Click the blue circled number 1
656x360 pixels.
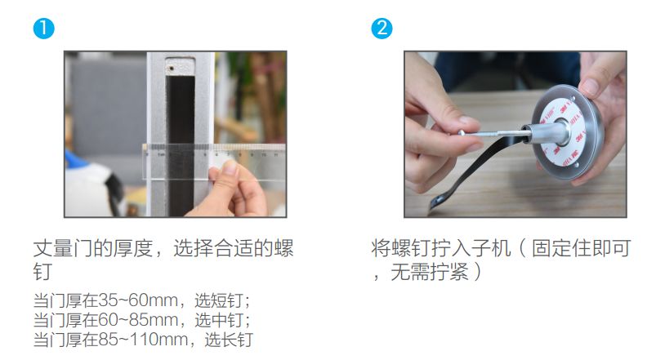pos(43,29)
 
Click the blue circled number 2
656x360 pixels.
pos(382,29)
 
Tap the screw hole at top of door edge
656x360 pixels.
pos(171,68)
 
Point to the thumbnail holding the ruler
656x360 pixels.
pos(230,168)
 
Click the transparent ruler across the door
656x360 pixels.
pos(214,162)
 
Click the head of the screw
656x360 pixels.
pos(461,132)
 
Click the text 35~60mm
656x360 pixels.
pos(137,300)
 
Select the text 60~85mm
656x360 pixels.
pos(137,320)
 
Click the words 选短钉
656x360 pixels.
pos(219,300)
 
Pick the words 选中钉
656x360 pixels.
pos(219,320)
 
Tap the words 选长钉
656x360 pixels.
pos(229,340)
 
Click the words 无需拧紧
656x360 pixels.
pos(430,272)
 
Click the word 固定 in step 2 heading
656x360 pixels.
pos(551,248)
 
